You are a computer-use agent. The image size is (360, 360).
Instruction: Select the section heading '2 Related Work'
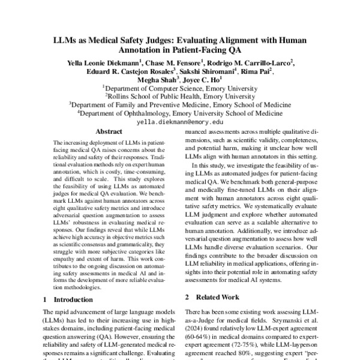212,297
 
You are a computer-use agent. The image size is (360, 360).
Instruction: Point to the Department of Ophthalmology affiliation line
180,112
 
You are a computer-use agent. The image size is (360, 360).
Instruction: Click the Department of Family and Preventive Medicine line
180,103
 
